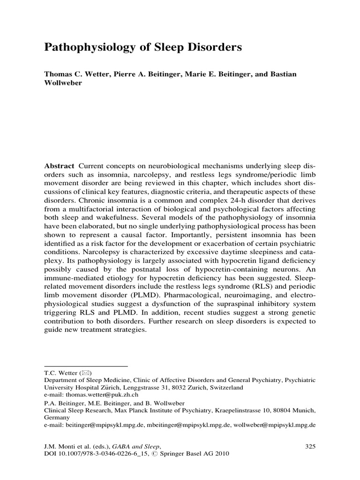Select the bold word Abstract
tap(59, 166)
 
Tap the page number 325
tap(310, 446)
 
